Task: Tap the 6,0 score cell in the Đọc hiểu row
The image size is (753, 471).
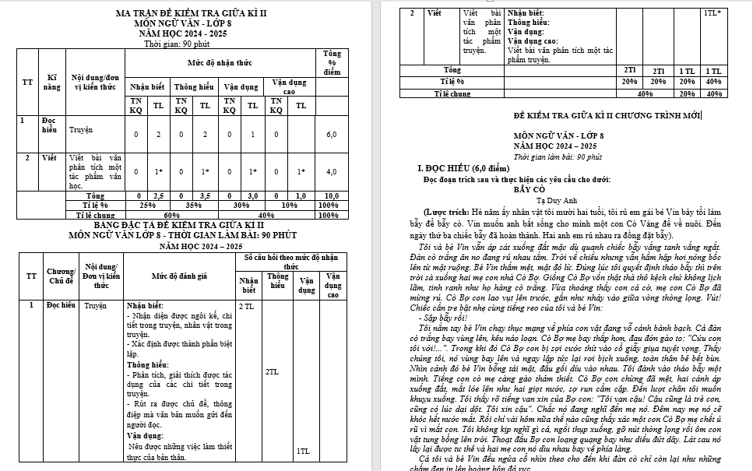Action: point(331,135)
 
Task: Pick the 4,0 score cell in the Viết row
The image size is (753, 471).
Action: point(331,171)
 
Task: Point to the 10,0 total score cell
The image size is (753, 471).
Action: point(331,196)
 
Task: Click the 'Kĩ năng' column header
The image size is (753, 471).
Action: point(53,83)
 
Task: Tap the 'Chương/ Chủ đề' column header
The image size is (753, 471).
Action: point(60,276)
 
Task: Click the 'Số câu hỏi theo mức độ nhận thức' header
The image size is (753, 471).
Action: point(290,262)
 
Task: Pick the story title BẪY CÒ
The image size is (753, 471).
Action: point(529,188)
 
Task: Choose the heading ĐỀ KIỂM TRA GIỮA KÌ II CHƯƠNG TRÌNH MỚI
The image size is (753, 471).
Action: point(607,116)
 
